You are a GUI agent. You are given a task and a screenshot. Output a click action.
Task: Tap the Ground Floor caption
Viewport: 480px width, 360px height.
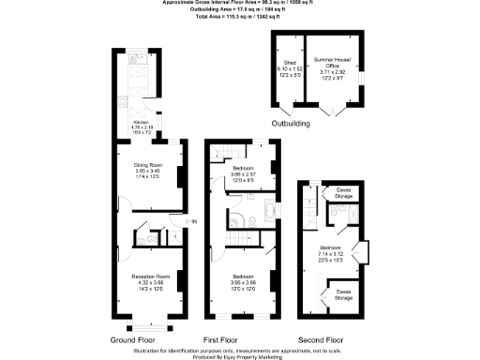coord(135,338)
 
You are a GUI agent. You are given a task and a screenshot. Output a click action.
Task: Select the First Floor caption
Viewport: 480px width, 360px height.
coord(225,338)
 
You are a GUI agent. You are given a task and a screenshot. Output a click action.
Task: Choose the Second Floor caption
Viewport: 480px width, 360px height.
coord(322,338)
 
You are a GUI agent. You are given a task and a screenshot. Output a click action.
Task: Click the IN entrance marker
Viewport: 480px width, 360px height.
coord(194,221)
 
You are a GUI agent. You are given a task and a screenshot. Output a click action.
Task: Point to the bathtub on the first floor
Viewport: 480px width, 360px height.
coord(268,209)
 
